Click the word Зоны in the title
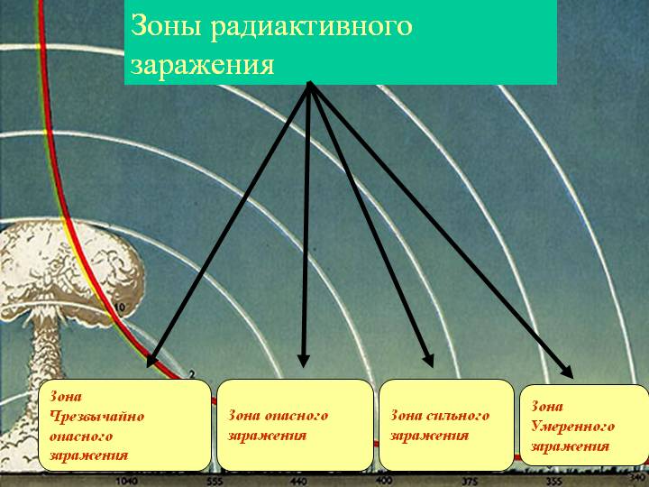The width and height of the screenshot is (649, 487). pos(167,25)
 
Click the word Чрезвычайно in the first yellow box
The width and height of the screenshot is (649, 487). pos(96,416)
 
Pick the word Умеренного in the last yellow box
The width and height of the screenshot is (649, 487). pos(573,426)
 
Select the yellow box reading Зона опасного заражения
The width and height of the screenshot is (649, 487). pos(295,425)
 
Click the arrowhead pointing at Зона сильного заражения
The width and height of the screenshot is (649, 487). pos(428,360)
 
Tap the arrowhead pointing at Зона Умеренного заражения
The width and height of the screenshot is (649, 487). pos(567,371)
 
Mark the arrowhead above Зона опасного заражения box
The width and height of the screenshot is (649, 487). pos(304,361)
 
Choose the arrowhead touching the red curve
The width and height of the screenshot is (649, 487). pos(151,360)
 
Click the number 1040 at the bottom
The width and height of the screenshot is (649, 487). pos(127,482)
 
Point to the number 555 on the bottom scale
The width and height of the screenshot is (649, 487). pos(215,482)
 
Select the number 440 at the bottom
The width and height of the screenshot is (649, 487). pos(298,482)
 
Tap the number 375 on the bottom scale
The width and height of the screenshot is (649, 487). pos(470,482)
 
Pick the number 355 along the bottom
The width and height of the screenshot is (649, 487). pos(553,482)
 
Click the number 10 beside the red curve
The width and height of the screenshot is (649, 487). pos(119,308)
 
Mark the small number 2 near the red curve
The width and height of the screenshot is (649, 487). pos(192,374)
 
